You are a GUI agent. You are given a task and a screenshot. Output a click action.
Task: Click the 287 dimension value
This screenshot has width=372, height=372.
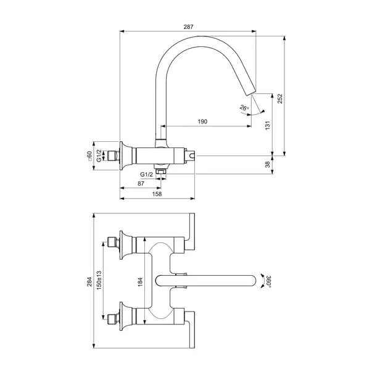coord(188,27)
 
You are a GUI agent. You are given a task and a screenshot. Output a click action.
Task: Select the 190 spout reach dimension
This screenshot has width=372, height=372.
coord(202,122)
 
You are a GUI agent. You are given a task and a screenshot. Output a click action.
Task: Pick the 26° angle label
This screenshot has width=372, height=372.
coord(244,109)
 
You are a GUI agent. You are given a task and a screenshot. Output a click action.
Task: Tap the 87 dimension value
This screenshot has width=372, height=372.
coord(141,184)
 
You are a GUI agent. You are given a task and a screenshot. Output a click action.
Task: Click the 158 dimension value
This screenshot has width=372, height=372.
coord(157,194)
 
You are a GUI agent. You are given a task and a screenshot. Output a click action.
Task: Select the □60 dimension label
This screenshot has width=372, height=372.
coord(89,156)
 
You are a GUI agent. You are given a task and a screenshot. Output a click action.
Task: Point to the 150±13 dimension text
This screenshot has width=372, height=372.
coord(98,281)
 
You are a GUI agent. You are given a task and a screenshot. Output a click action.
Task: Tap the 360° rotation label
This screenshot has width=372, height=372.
coord(268,281)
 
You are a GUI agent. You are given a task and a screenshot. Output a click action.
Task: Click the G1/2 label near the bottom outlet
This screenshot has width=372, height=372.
coord(147,175)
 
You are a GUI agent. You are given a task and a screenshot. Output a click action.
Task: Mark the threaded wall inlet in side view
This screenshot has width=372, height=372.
coord(112,156)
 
